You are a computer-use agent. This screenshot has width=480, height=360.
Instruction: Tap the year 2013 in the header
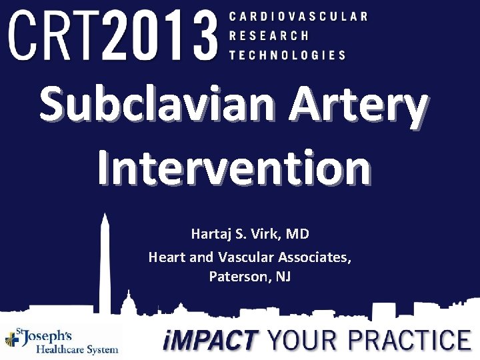[x=162, y=35]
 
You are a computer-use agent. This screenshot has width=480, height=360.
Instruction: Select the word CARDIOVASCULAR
[x=298, y=16]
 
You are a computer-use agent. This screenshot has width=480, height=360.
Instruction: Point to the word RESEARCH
[x=269, y=35]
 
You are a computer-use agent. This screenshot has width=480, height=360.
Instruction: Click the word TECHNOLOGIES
[x=287, y=55]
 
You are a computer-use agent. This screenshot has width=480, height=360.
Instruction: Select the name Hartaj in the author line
[x=209, y=234]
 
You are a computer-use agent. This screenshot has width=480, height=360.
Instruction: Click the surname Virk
[x=267, y=234]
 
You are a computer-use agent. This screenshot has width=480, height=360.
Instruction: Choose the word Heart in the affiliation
[x=167, y=256]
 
